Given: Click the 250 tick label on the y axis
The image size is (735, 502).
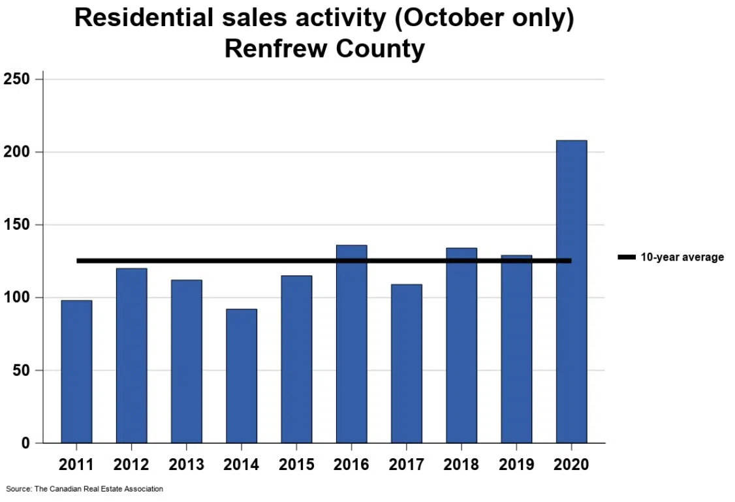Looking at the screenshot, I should (18, 80).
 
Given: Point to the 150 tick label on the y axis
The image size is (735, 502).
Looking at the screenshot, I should (18, 225).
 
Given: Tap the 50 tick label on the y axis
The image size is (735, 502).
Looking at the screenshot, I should (22, 371).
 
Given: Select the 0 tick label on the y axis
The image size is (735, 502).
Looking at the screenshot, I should (26, 443).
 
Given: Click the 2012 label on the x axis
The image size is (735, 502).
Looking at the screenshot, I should (131, 465).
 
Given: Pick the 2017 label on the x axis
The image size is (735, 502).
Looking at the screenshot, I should (406, 465).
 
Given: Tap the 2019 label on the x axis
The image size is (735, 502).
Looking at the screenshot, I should (516, 465).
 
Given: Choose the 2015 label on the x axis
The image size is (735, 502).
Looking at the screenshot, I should (296, 465).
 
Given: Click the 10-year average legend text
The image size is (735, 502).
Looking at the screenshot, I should (681, 257).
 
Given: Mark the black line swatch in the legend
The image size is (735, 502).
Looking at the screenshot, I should (627, 257).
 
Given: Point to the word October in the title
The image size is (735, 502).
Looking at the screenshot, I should (445, 18).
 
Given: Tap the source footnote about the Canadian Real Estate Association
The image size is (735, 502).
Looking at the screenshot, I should (84, 488).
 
